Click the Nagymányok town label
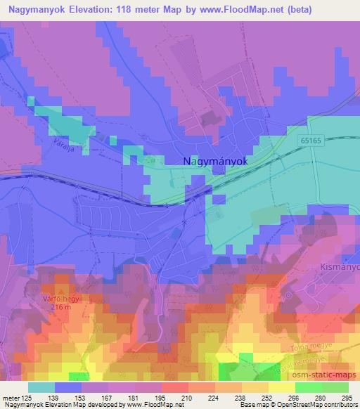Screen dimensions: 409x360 pyautogui.click(x=215, y=161)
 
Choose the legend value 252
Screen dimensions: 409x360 pyautogui.click(x=266, y=397)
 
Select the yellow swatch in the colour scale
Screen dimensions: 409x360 pyautogui.click(x=282, y=387)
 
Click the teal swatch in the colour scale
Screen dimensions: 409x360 pyautogui.click(x=41, y=387)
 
